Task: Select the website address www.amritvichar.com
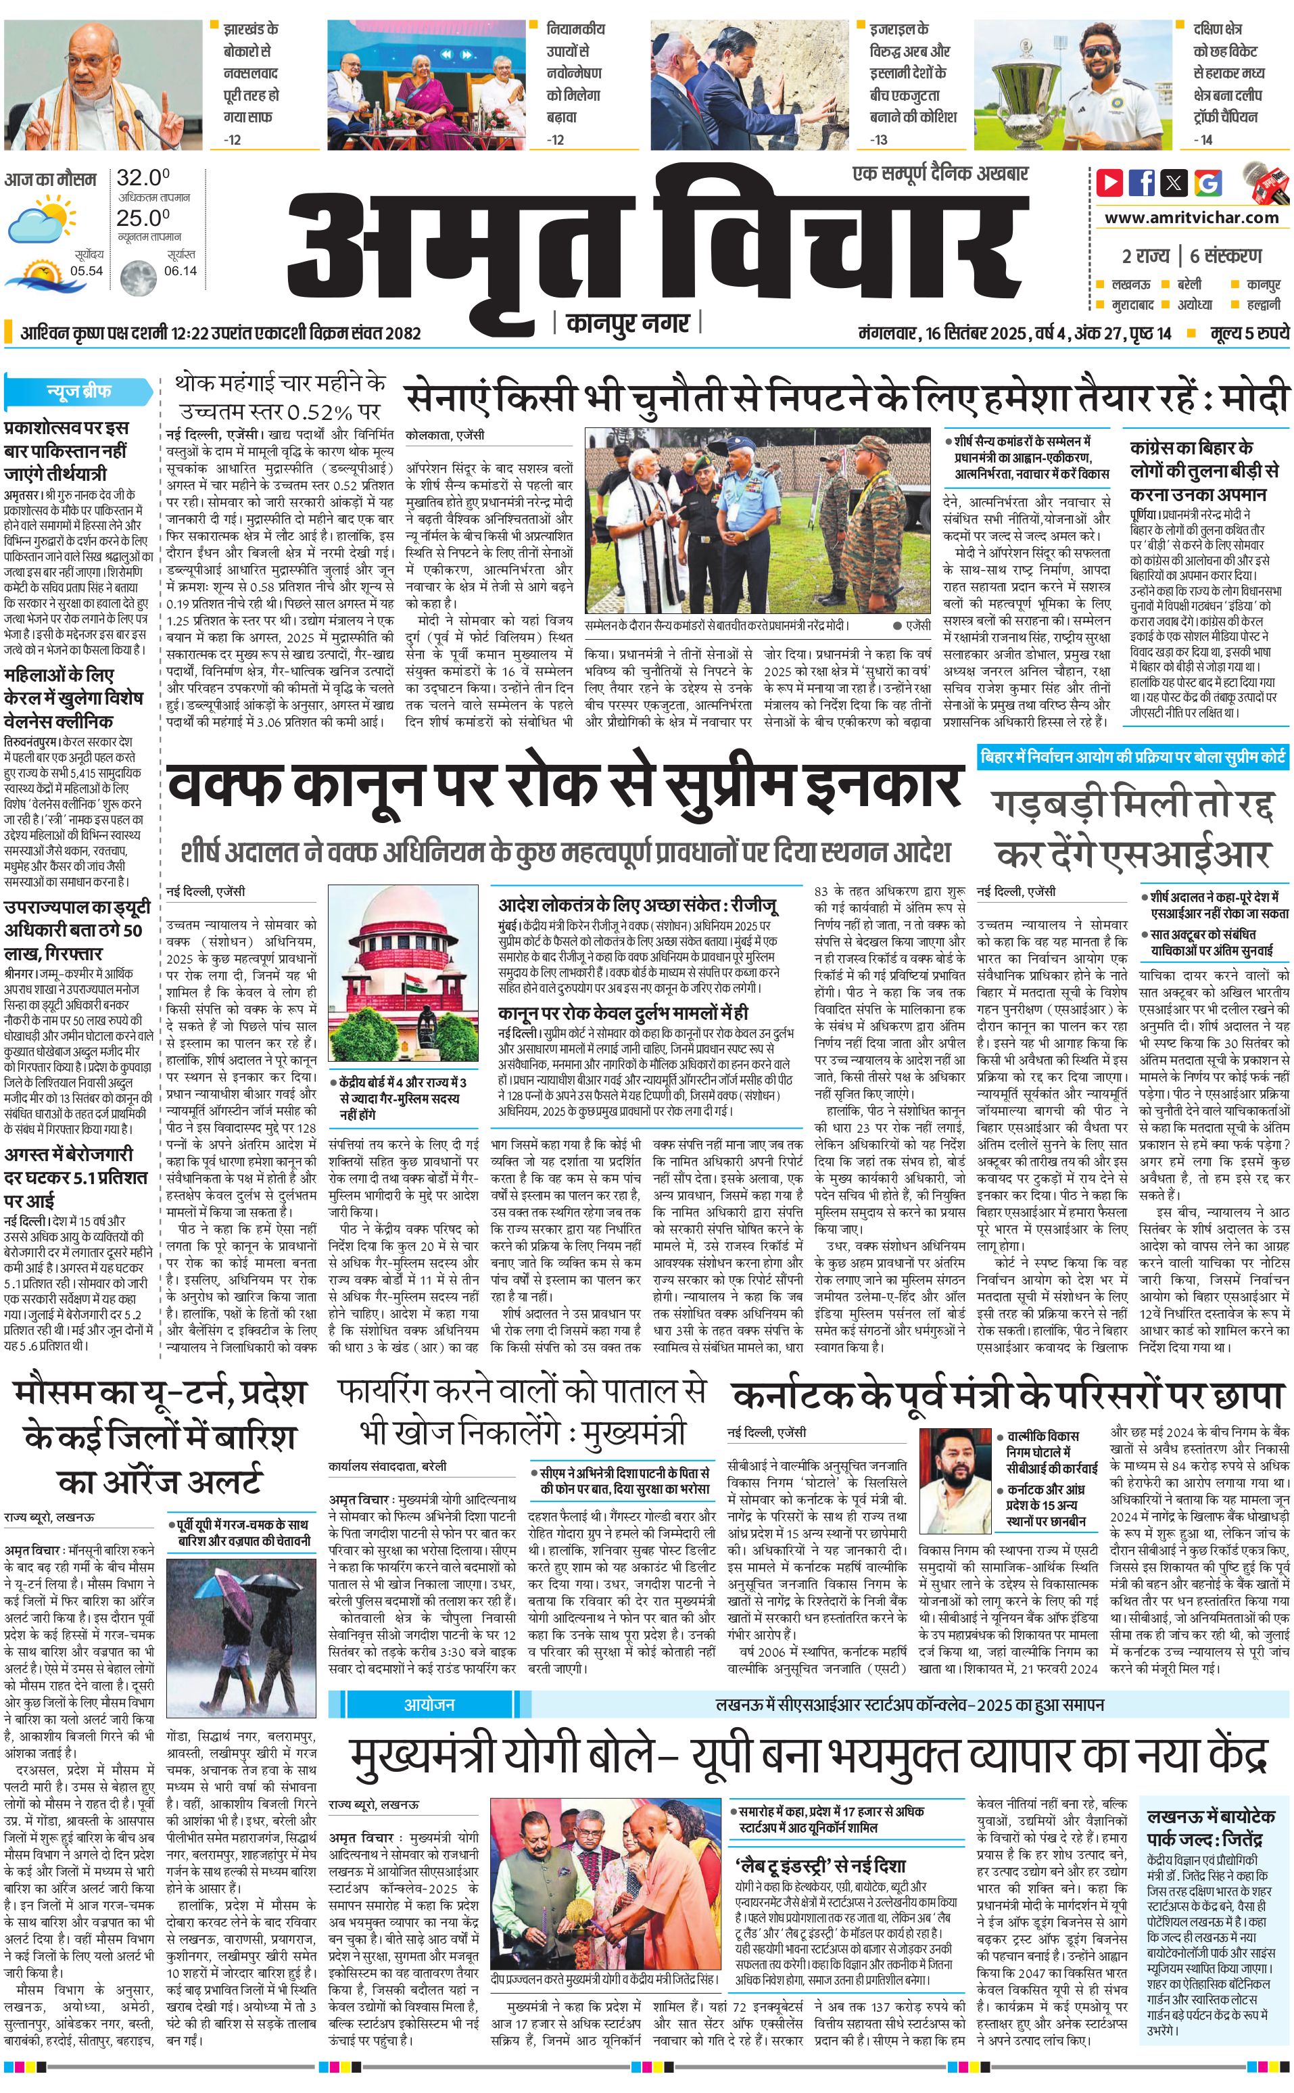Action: [x=1191, y=218]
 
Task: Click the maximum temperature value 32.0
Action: [x=142, y=178]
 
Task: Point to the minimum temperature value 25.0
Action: [x=142, y=218]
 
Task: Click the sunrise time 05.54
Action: [x=87, y=271]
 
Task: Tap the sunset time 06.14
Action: [x=180, y=271]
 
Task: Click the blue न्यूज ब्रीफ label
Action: [x=78, y=391]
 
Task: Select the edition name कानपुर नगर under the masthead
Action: [x=627, y=323]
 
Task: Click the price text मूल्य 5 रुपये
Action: [x=1249, y=333]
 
